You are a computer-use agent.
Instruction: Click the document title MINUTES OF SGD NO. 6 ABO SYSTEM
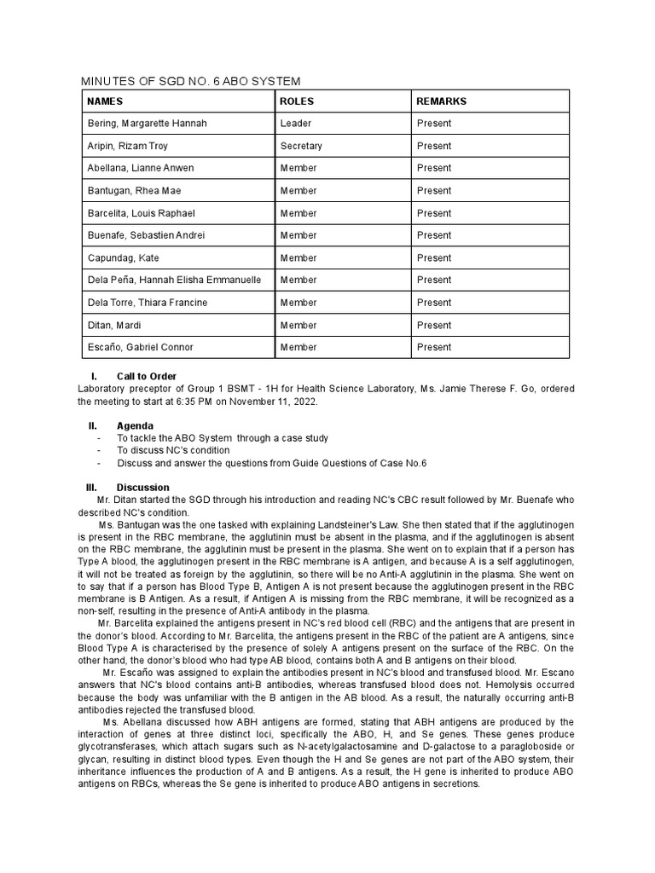tap(190, 81)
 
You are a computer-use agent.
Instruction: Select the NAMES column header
tap(106, 101)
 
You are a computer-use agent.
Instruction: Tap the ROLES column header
tap(297, 101)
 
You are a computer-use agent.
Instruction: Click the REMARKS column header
tap(441, 101)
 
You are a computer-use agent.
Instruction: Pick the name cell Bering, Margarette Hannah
tap(147, 124)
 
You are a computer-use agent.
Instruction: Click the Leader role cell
tap(295, 124)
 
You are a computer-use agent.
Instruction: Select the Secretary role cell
tap(301, 147)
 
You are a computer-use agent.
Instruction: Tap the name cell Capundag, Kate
tap(123, 257)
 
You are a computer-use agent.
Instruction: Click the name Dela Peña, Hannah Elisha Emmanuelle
tap(175, 280)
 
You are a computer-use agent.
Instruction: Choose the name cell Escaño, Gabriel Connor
tap(140, 347)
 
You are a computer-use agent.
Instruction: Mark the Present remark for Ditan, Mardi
tap(434, 325)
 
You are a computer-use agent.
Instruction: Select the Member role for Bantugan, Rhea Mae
tap(299, 191)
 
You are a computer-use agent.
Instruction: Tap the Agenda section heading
tap(135, 425)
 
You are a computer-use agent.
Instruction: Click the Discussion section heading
tap(142, 487)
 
